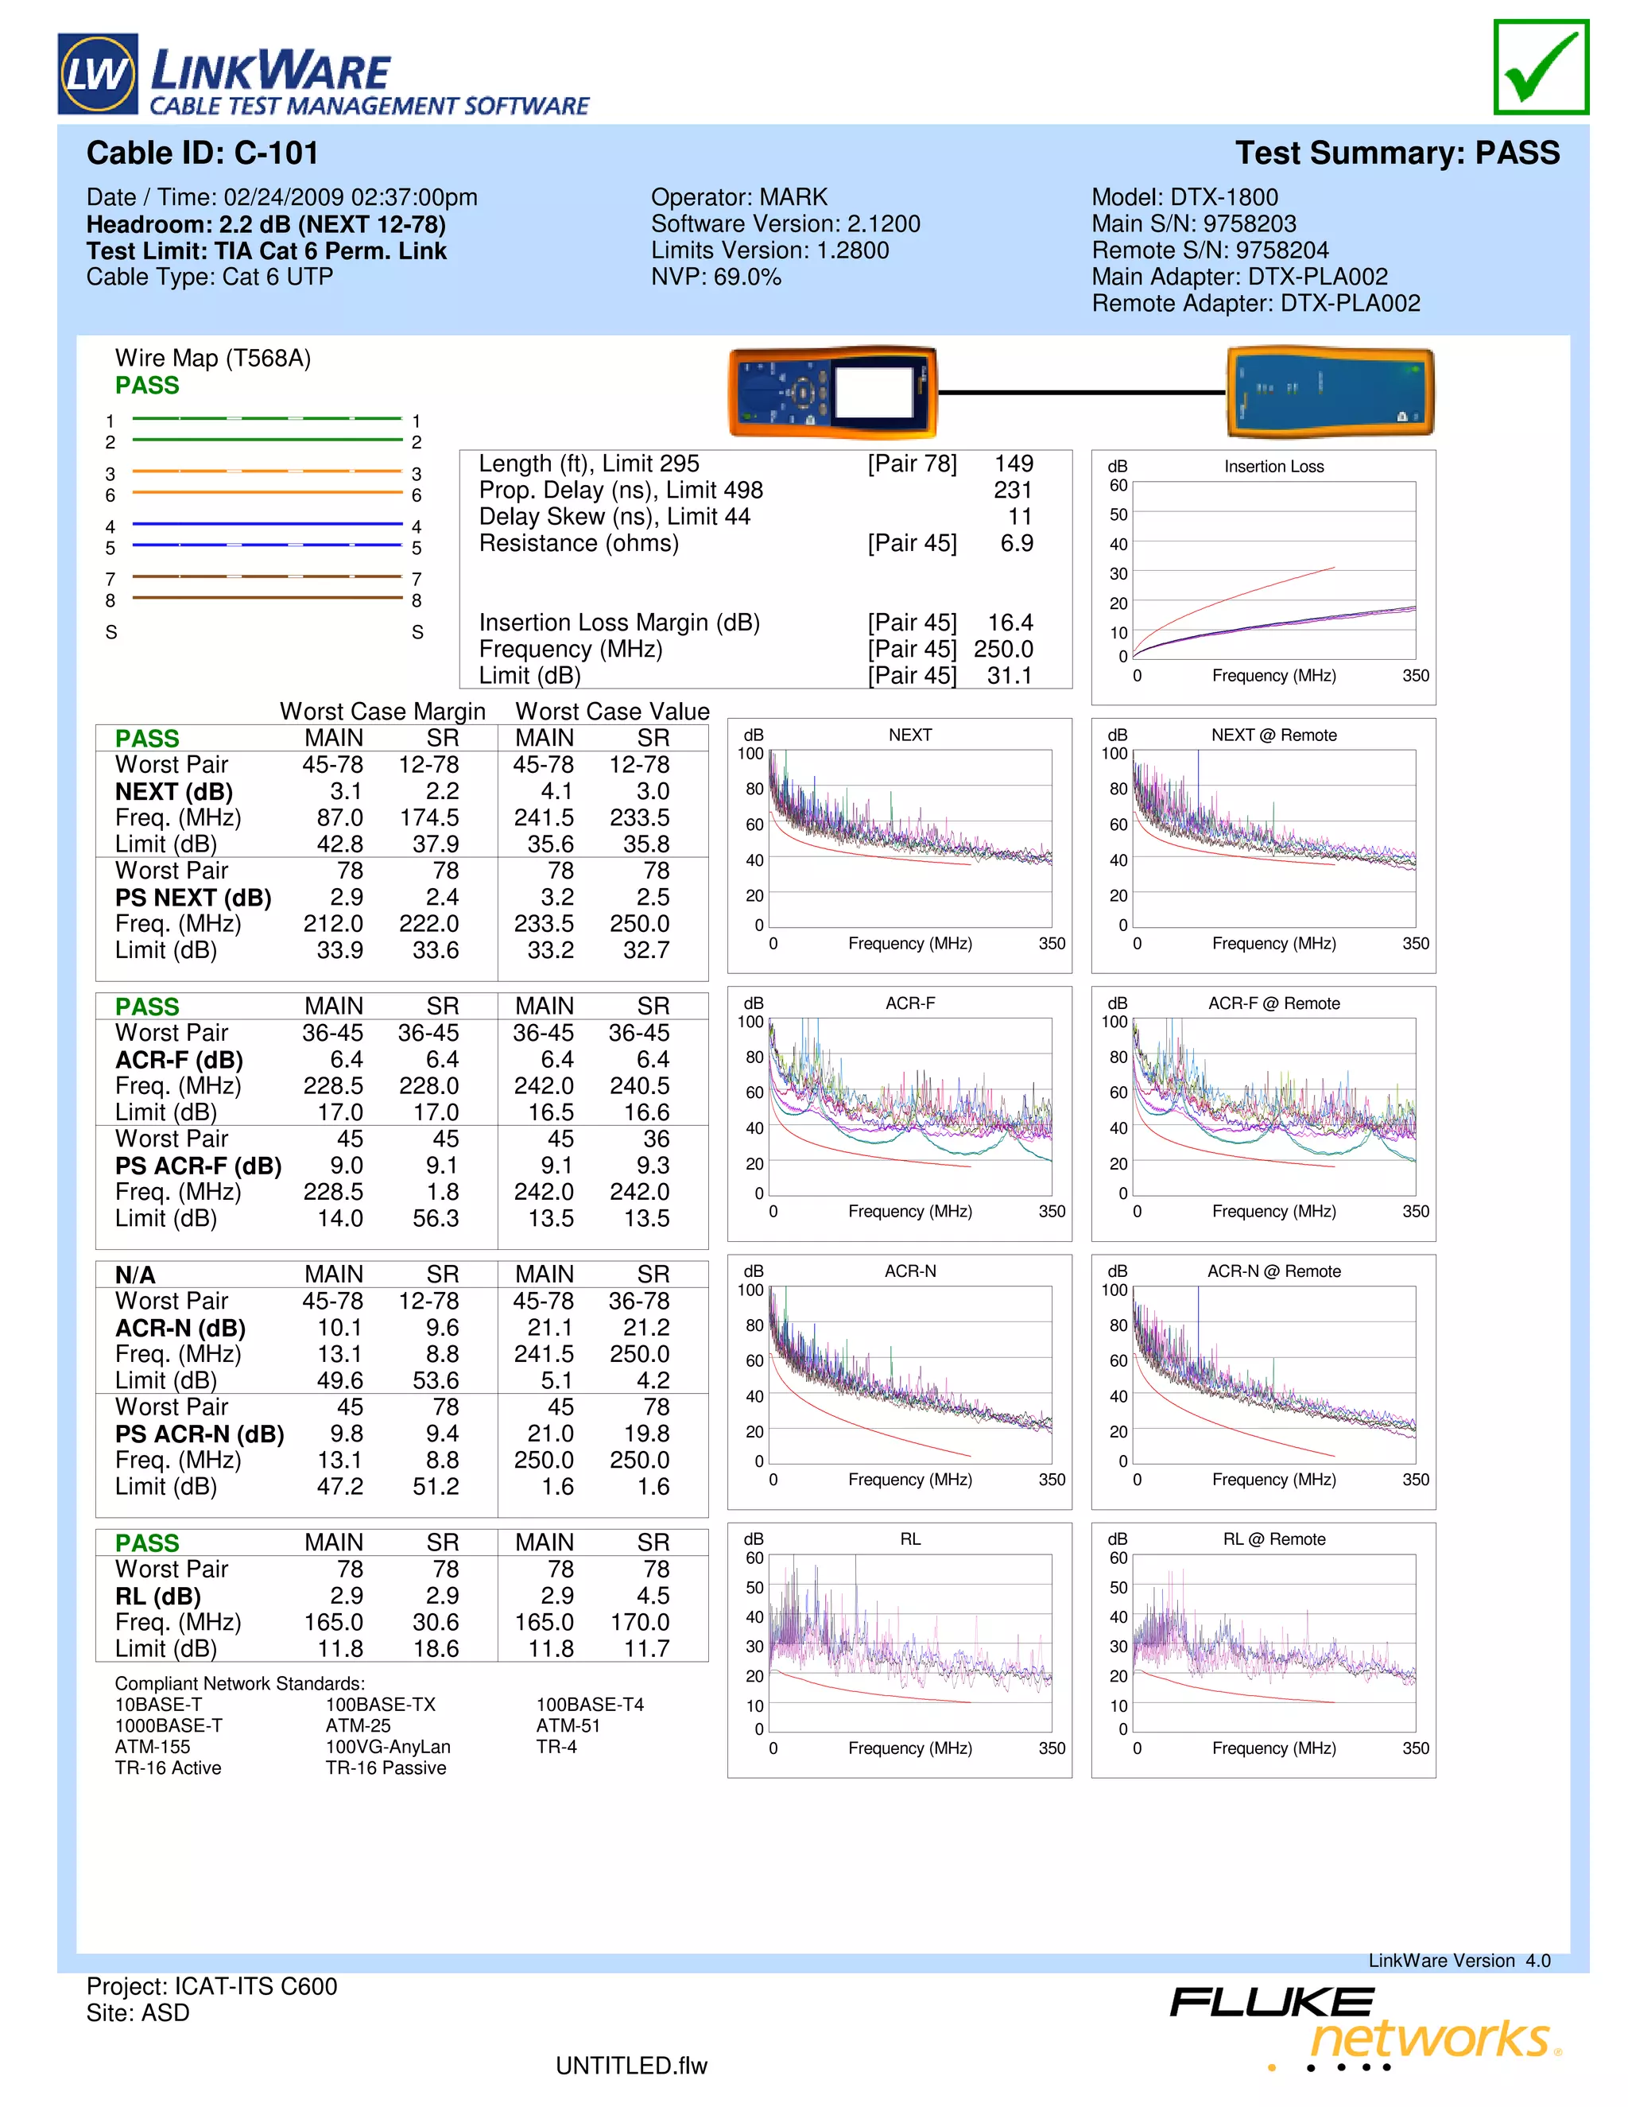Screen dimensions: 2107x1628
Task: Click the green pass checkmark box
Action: click(x=1541, y=68)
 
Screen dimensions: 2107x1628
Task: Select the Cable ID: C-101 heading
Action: click(x=203, y=153)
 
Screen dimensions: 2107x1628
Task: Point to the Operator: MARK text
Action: click(x=738, y=198)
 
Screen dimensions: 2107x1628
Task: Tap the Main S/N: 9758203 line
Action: click(x=1193, y=224)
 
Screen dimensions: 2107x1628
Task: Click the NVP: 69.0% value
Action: click(x=715, y=277)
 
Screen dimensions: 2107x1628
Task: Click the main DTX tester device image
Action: click(x=832, y=393)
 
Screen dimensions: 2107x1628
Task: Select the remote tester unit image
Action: click(x=1330, y=393)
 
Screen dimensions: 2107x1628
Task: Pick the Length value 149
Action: click(x=1014, y=464)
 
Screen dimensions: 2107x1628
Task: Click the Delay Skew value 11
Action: click(x=1019, y=517)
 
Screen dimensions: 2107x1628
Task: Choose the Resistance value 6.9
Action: click(x=1017, y=543)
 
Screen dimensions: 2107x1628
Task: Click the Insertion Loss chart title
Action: click(x=1273, y=467)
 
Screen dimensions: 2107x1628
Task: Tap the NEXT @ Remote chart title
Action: click(x=1273, y=735)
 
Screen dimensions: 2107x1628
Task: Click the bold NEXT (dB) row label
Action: click(x=173, y=792)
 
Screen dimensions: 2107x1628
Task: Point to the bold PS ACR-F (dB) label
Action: click(x=198, y=1166)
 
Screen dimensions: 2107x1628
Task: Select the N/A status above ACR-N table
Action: click(x=135, y=1275)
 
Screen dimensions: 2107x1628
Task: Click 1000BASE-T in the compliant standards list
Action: click(x=169, y=1726)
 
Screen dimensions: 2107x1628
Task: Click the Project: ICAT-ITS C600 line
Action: click(x=212, y=1986)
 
